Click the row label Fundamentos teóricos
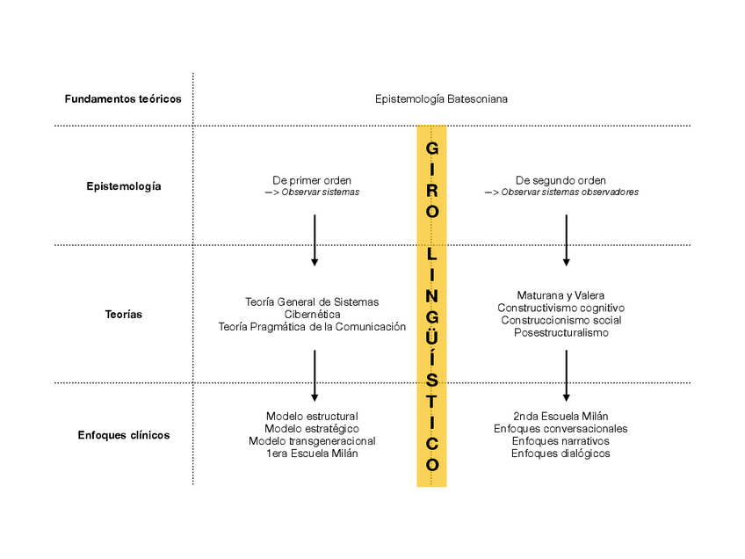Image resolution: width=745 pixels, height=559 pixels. tap(123, 98)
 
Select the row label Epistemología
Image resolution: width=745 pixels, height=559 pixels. tap(124, 186)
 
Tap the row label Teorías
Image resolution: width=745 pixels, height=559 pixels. tap(124, 314)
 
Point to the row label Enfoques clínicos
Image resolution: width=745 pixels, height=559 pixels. tap(124, 435)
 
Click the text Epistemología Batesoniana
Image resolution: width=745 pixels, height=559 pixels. tap(441, 98)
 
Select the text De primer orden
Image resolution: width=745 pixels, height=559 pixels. tap(314, 180)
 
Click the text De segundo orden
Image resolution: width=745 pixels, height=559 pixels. tap(561, 180)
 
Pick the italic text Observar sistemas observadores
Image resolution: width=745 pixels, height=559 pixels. tap(569, 192)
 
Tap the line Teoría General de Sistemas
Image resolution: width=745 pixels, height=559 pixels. tap(312, 301)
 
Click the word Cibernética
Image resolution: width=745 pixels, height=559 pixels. tap(312, 314)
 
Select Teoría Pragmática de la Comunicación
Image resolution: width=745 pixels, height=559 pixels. tap(312, 326)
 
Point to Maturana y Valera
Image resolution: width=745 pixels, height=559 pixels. tap(561, 295)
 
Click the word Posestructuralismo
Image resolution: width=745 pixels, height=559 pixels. tap(561, 332)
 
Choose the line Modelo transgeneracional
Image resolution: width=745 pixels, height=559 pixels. tap(312, 440)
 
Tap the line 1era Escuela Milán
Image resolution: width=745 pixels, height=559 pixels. tap(312, 453)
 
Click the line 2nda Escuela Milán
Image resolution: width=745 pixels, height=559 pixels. tap(561, 416)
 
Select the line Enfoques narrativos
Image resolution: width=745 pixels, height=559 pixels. tap(561, 440)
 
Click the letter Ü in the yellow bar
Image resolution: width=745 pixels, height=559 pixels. tap(431, 337)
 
